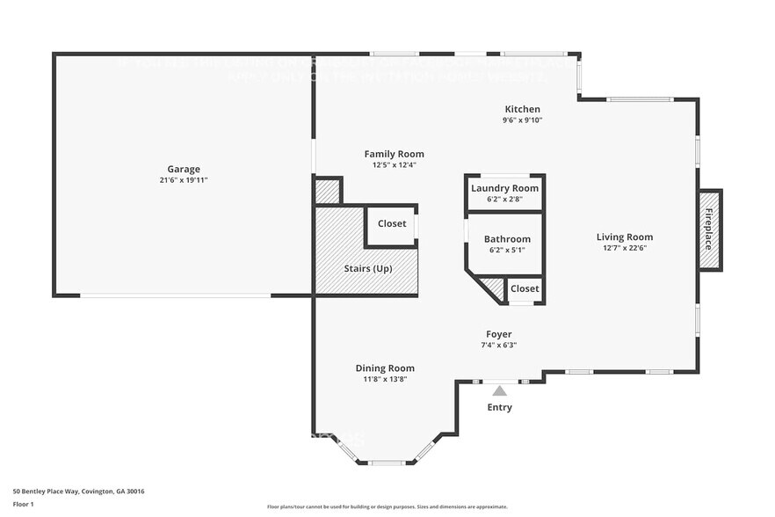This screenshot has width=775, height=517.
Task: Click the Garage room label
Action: point(184,169)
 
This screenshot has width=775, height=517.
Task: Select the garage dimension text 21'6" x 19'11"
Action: point(184,180)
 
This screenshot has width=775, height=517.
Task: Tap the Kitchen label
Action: point(522,109)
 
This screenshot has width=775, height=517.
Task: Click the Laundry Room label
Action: point(504,188)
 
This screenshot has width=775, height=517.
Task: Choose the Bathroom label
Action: point(507,239)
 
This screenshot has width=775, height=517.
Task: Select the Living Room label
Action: point(624,237)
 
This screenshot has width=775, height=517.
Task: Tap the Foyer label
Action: point(499,334)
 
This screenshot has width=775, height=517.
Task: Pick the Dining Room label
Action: point(385,368)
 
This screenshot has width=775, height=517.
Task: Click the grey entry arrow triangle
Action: point(499,390)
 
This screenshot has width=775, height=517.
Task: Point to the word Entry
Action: point(499,407)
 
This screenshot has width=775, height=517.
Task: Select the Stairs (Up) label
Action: point(368,268)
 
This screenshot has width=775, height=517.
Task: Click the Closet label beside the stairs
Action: point(392,223)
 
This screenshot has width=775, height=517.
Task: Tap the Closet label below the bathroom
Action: point(525,288)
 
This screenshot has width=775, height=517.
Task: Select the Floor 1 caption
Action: point(23,504)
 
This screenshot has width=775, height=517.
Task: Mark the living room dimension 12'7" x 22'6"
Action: point(624,248)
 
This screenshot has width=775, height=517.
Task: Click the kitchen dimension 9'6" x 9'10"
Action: point(522,120)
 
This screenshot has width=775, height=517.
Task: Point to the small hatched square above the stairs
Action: point(328,191)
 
